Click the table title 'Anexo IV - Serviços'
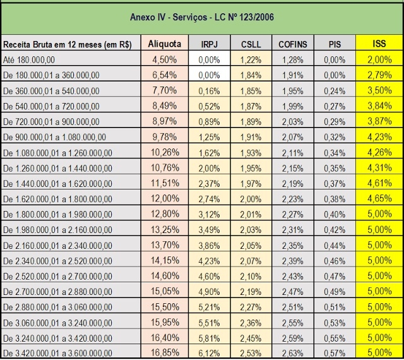coord(169,17)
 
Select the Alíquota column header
coord(164,44)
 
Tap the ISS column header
coord(379,44)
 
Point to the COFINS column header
coord(293,44)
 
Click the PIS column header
coord(335,44)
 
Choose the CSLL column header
coord(251,44)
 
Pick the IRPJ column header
coord(209,44)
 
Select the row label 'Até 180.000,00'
coord(29,60)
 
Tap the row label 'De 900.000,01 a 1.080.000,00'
coord(54,137)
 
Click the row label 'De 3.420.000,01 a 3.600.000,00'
coord(57,353)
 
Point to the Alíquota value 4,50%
coord(164,59)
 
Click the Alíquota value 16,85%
coord(165,352)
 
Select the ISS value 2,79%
coord(379,75)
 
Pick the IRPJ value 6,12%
coord(209,353)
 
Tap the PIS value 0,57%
coord(335,353)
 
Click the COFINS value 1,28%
coord(293,60)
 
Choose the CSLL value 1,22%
coord(251,60)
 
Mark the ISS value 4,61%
coord(379,183)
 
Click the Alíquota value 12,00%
coord(165,198)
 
